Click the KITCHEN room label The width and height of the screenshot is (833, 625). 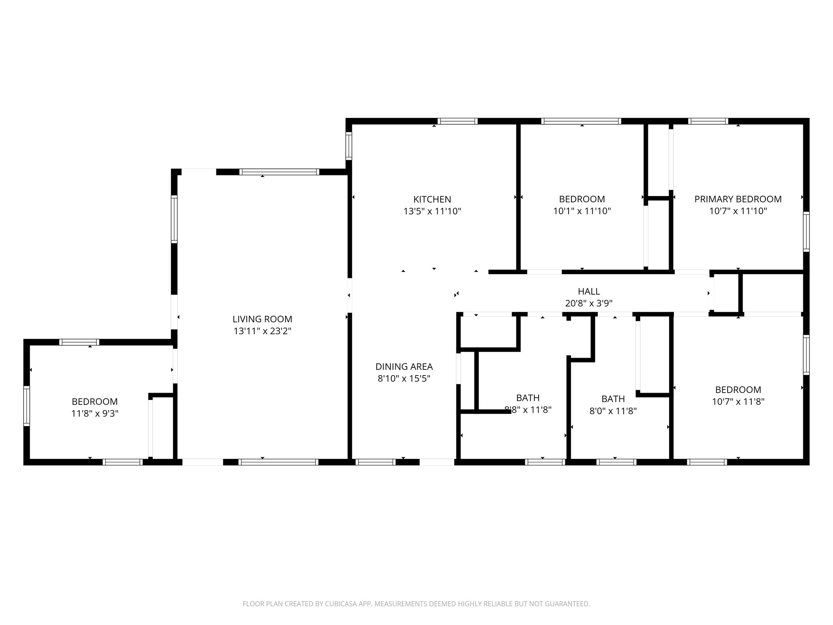point(432,199)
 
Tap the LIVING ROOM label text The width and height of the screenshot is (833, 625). point(262,319)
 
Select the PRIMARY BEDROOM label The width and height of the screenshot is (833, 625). point(738,199)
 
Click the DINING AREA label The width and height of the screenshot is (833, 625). point(404,367)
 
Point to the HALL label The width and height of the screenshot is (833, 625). point(589,291)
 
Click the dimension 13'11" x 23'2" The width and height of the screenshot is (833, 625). point(262,331)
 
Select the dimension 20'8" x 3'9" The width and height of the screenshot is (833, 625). point(589,303)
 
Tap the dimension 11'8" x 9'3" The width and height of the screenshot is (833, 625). point(95,414)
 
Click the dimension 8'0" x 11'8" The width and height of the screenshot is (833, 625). point(613,411)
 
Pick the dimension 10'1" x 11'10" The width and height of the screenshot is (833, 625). point(582,211)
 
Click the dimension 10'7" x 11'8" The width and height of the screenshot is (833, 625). point(738,402)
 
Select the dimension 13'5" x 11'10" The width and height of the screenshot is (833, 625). point(432,211)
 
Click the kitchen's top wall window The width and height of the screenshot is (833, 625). point(457,121)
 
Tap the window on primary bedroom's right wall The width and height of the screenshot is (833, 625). point(806,231)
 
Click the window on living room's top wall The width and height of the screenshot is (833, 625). point(279,172)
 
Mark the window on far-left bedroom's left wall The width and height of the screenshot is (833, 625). point(27,406)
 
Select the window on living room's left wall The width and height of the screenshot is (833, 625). point(174,219)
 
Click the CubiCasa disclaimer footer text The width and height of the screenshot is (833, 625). point(416,604)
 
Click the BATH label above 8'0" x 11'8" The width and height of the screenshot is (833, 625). point(613,399)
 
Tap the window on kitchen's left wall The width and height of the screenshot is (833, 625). point(349,146)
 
